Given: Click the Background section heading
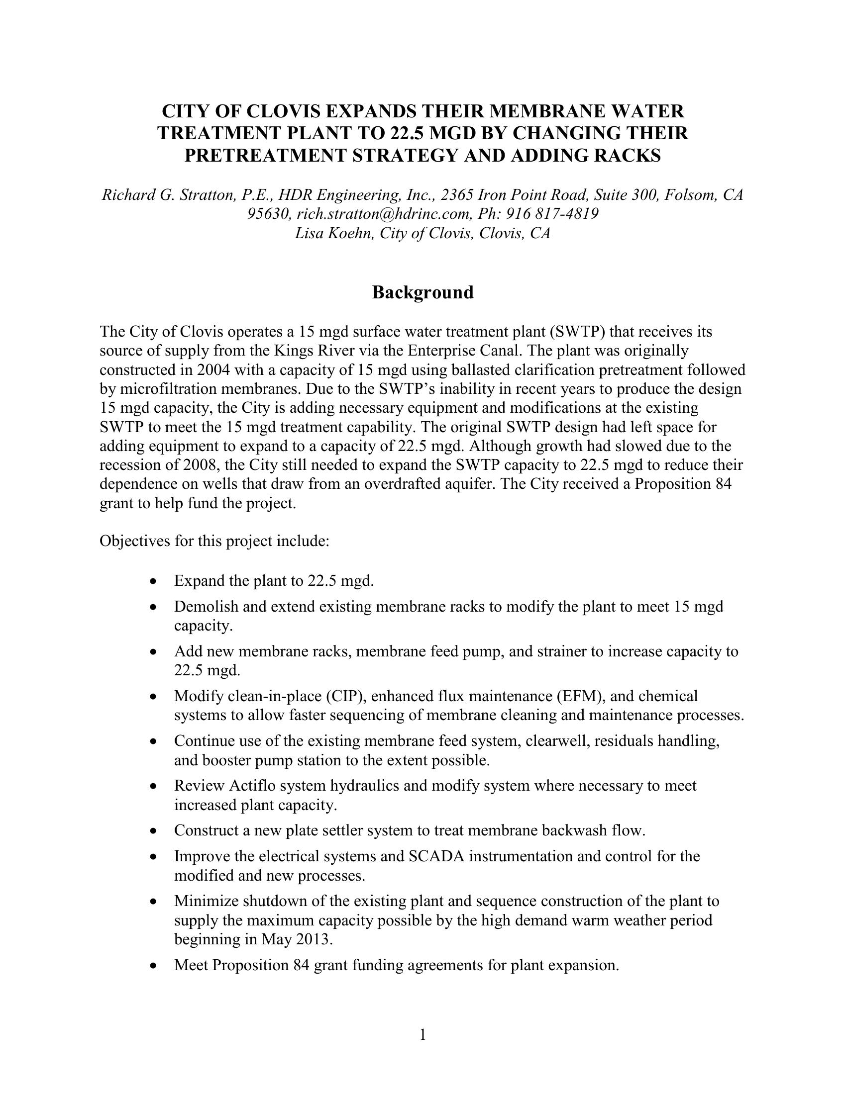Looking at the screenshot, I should tap(423, 292).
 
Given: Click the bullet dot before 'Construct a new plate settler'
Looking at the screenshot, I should tap(153, 831).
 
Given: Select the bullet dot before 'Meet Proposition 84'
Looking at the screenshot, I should tap(153, 966).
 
